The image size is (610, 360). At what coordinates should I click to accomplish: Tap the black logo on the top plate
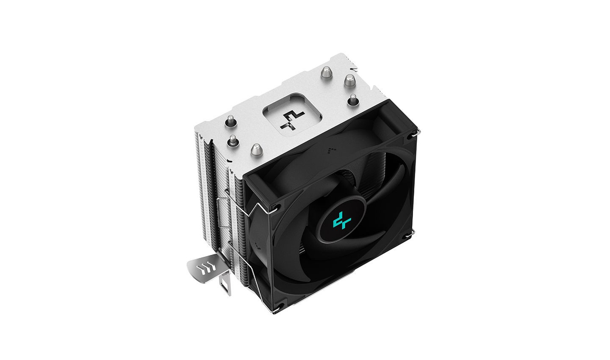click(291, 120)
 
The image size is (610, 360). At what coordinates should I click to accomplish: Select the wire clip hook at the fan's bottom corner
click(276, 313)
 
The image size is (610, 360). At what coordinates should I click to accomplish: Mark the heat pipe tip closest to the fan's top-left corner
click(256, 149)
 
